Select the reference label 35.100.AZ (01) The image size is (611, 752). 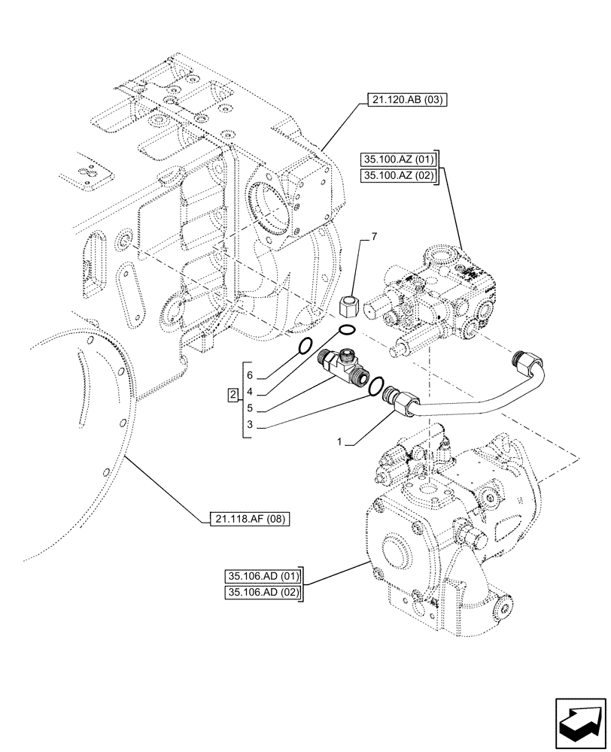click(398, 159)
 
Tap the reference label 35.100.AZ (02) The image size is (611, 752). click(398, 176)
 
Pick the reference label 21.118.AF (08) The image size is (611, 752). click(247, 519)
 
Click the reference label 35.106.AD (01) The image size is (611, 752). click(263, 577)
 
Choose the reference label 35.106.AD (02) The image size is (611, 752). click(263, 593)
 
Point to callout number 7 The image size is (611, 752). click(372, 238)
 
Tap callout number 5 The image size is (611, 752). click(248, 411)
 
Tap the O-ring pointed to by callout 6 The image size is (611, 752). click(305, 346)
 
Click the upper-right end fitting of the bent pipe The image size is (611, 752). click(525, 360)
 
